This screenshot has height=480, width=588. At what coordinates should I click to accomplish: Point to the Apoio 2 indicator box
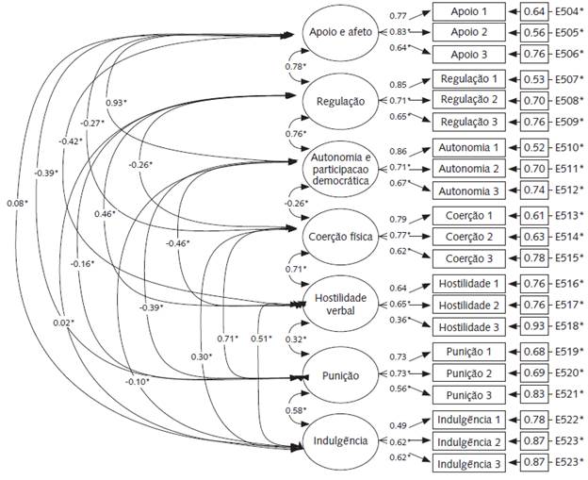click(468, 31)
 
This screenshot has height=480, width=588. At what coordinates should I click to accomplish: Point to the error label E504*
click(569, 12)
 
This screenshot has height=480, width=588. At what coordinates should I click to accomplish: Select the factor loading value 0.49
click(400, 425)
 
